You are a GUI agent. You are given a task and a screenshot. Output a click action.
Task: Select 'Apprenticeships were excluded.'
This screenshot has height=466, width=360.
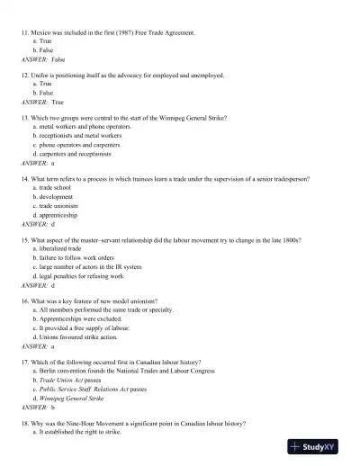tap(77, 319)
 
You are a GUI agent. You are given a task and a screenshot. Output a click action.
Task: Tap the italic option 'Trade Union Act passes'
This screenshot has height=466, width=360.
tap(73, 381)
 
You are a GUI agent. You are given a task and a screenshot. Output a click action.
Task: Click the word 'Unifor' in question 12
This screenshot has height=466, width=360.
tap(40, 76)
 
